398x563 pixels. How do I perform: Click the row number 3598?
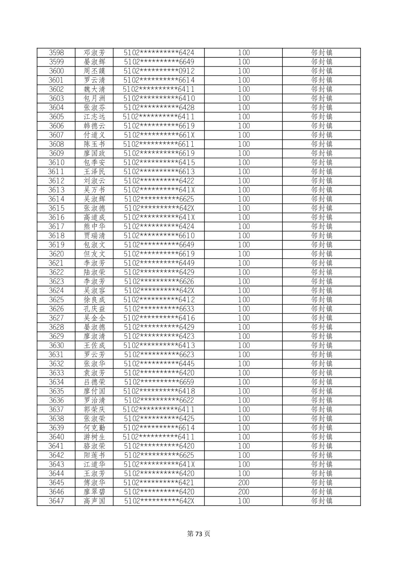pyautogui.click(x=56, y=53)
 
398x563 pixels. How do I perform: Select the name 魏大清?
pyautogui.click(x=94, y=89)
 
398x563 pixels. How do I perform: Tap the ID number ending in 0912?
pyautogui.click(x=159, y=71)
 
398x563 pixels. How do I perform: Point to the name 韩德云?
pyautogui.click(x=94, y=126)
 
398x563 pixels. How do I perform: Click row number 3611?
pyautogui.click(x=56, y=171)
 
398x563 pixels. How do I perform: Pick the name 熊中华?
pyautogui.click(x=94, y=226)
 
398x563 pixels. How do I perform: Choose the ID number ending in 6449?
pyautogui.click(x=159, y=263)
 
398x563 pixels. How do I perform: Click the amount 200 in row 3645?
pyautogui.click(x=243, y=483)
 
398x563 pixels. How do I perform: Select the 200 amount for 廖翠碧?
pyautogui.click(x=243, y=492)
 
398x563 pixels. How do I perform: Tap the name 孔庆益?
pyautogui.click(x=94, y=309)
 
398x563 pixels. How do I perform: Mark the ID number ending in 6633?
pyautogui.click(x=159, y=309)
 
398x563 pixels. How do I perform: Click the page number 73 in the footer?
pyautogui.click(x=199, y=534)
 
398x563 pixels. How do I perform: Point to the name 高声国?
pyautogui.click(x=94, y=501)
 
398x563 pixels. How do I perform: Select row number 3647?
pyautogui.click(x=56, y=501)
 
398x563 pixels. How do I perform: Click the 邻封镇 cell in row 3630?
pyautogui.click(x=321, y=345)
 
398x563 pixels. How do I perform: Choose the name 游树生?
pyautogui.click(x=94, y=437)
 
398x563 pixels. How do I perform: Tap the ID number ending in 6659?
pyautogui.click(x=159, y=382)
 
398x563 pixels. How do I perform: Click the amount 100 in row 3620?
pyautogui.click(x=243, y=254)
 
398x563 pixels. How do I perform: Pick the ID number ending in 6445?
pyautogui.click(x=159, y=364)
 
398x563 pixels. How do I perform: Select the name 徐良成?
pyautogui.click(x=94, y=300)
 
